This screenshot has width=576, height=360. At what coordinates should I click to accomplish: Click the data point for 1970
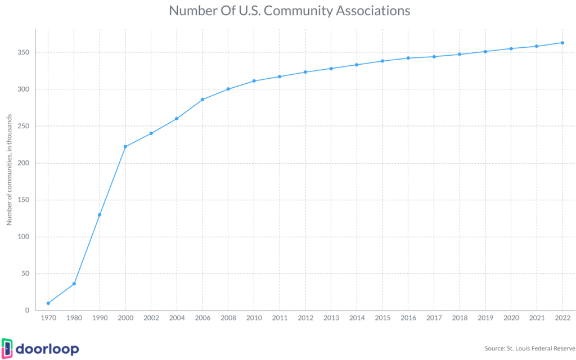coord(48,303)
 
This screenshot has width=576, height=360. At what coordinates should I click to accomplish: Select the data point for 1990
coord(100,214)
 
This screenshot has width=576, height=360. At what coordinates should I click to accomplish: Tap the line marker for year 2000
coord(125,147)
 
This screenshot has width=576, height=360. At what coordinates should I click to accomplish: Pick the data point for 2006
coord(202,100)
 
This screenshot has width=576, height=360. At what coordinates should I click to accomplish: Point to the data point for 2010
coord(254,81)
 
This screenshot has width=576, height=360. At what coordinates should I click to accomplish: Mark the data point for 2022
coord(562,43)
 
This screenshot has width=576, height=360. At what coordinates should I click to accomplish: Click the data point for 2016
coord(408,58)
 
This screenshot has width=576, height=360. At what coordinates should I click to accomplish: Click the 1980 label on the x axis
coord(74,318)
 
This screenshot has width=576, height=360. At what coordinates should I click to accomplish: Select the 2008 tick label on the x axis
coord(228,318)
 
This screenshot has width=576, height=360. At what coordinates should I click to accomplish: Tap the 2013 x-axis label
coord(331,318)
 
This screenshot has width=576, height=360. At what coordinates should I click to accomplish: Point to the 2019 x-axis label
coord(485,318)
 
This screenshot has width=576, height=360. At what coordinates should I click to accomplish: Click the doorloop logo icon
coord(7,348)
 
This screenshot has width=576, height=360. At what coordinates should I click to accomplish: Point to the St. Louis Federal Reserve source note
coord(530,348)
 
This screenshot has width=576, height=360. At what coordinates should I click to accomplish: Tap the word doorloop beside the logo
coord(47,348)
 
